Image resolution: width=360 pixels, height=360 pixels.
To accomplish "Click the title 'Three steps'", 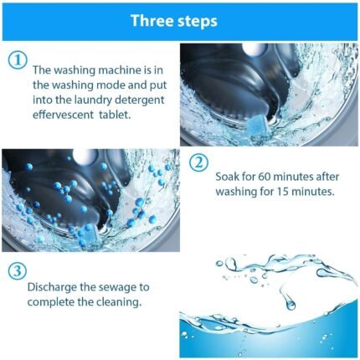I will coord(179,21).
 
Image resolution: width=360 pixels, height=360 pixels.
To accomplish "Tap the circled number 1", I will coord(17,59).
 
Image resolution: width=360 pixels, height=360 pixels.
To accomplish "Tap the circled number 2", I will coord(198,162).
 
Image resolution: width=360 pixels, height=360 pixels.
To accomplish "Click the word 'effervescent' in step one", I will coord(63,116).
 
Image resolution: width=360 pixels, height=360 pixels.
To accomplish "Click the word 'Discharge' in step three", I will coord(52,286).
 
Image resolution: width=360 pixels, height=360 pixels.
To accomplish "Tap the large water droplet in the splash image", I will coord(290,303).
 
